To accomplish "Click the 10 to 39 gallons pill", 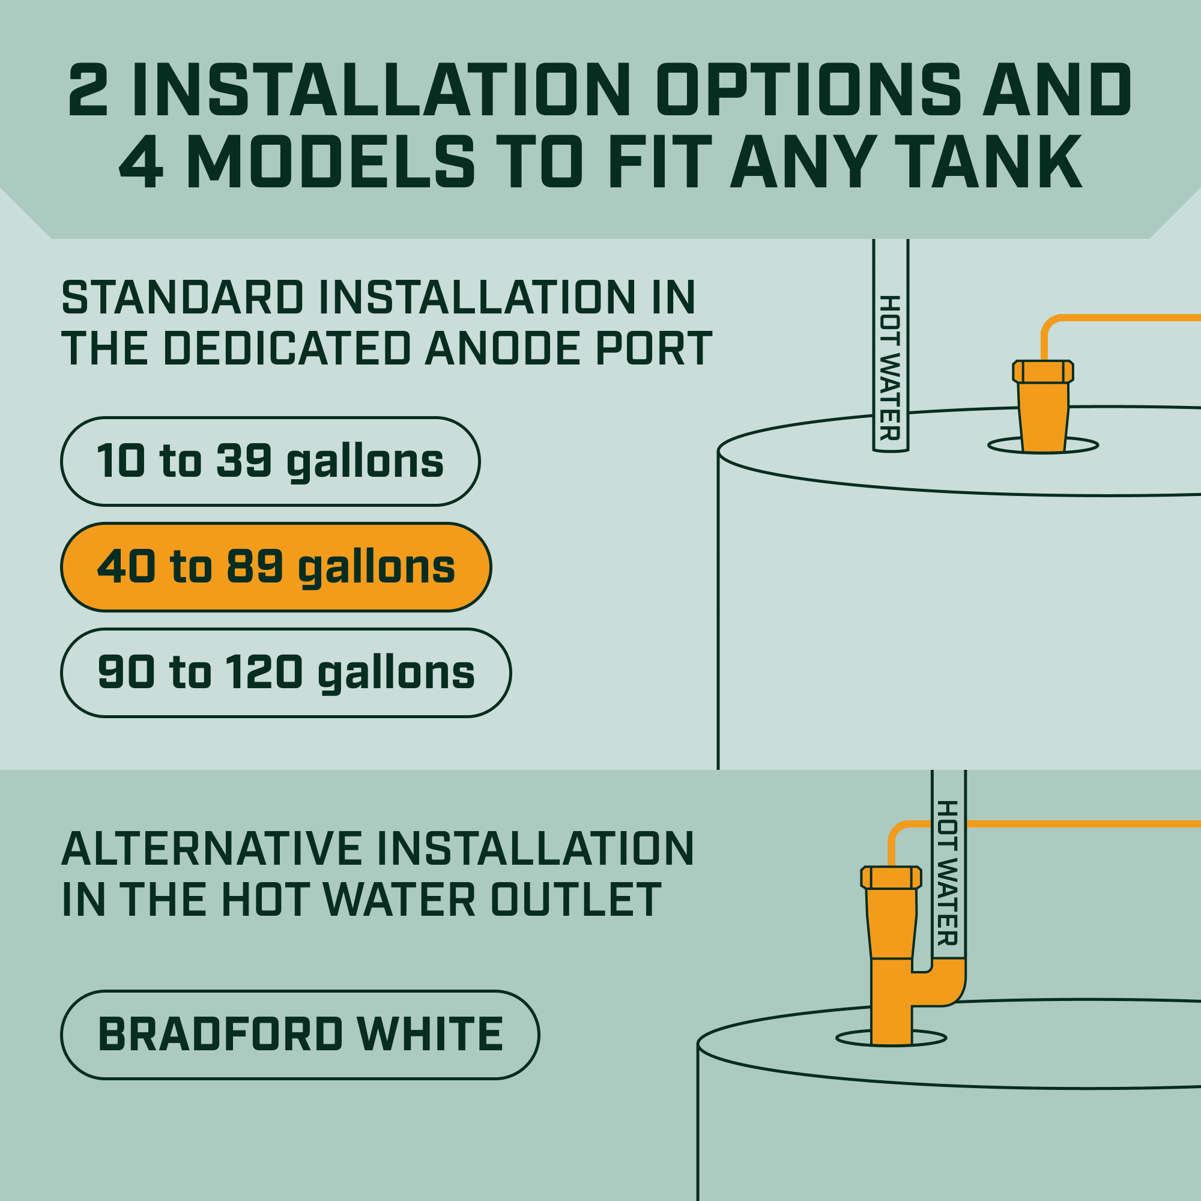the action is (270, 461).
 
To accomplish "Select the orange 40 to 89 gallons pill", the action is (276, 567).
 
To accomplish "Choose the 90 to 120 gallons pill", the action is (286, 673).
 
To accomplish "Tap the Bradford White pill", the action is (300, 1035).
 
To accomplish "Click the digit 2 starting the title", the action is (88, 89).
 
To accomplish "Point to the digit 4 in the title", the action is (142, 162).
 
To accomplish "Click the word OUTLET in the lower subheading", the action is (576, 900).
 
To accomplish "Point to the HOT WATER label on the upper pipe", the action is (890, 368).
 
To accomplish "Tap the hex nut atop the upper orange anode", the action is (1043, 372).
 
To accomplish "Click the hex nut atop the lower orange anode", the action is (891, 877).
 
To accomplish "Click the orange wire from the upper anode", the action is (1107, 318).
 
